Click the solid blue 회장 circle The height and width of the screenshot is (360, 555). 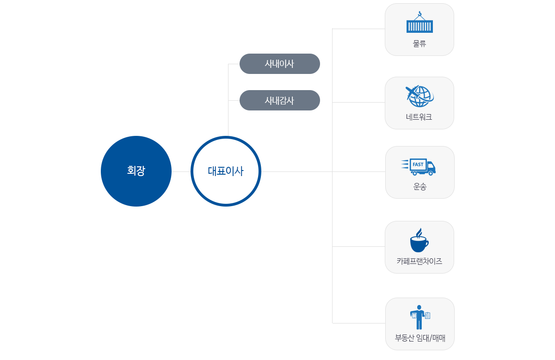point(136,171)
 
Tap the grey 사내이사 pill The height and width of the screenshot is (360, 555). point(279,64)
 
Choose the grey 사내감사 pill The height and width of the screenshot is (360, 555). point(279,100)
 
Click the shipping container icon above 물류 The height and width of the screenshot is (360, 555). point(419,22)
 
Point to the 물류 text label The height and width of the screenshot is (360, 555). point(419,43)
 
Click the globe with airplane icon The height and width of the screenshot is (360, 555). point(419,96)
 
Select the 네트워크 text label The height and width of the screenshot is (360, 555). point(419,117)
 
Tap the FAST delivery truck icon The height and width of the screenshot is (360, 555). point(419,167)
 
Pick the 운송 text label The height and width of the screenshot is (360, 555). point(420,186)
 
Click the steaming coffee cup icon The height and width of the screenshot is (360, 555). point(419,240)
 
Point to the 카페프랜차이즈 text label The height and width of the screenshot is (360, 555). point(419,261)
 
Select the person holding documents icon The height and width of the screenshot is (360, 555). point(420,317)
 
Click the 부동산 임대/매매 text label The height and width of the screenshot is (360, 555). point(420,338)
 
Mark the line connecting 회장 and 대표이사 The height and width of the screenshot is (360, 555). point(181,171)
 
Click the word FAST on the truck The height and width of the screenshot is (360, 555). point(418,165)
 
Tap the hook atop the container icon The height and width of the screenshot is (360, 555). point(419,13)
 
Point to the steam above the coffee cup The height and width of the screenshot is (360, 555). point(419,233)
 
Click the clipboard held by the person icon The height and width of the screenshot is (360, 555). point(428,316)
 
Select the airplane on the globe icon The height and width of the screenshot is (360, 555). point(412,92)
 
